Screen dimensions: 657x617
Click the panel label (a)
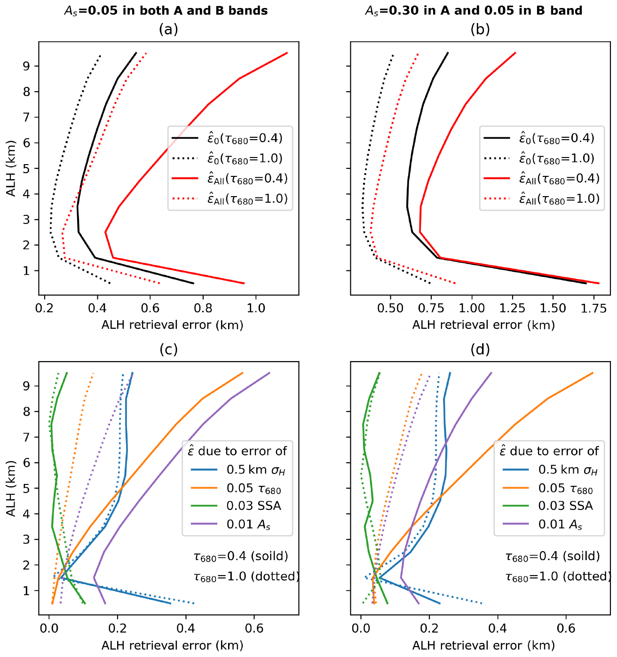[x=168, y=30]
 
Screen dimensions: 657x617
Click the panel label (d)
[x=480, y=349]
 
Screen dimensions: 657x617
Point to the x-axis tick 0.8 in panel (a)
[x=203, y=308]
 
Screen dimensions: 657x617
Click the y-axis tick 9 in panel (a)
[x=26, y=66]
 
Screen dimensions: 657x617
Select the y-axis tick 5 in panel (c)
[x=26, y=488]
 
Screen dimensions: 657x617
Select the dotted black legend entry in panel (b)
[x=541, y=158]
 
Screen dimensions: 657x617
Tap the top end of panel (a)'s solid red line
[x=287, y=53]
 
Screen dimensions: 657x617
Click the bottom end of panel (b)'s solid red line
[x=599, y=283]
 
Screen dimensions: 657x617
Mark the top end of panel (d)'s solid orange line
[x=593, y=372]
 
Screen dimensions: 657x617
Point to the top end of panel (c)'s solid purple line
[x=269, y=372]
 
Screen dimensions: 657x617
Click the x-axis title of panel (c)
[x=172, y=645]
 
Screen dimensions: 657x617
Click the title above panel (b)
[x=474, y=10]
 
